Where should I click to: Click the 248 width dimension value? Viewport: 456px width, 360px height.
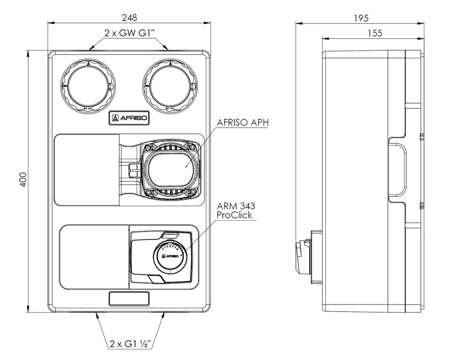click(129, 18)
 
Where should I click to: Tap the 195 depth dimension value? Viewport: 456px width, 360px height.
click(361, 18)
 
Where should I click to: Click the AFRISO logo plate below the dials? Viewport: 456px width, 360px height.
click(129, 119)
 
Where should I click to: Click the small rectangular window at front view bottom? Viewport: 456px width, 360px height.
click(129, 298)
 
